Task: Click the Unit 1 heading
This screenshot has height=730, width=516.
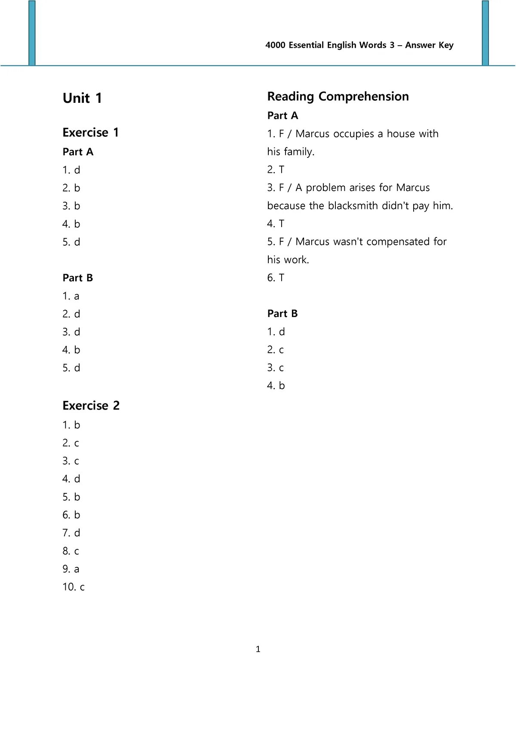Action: click(82, 98)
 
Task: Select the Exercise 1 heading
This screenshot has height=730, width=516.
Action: click(90, 132)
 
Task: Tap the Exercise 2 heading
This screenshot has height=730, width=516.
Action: click(91, 406)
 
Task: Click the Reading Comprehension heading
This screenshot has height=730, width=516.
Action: click(338, 96)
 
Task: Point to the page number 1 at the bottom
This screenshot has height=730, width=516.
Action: click(258, 649)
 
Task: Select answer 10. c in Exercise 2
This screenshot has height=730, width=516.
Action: click(74, 587)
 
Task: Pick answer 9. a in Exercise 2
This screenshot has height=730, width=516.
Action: click(71, 569)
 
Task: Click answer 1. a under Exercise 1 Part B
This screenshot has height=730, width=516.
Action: click(71, 296)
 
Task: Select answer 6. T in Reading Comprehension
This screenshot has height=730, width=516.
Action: click(276, 278)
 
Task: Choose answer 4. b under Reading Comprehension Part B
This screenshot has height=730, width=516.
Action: click(276, 386)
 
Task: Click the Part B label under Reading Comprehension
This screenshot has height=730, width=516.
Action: click(283, 314)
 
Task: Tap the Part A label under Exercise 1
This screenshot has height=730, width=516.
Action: click(78, 152)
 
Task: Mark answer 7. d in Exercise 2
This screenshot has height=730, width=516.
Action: click(71, 533)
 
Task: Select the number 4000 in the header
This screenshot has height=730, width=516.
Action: click(276, 45)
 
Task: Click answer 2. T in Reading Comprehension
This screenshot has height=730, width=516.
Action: click(276, 170)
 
